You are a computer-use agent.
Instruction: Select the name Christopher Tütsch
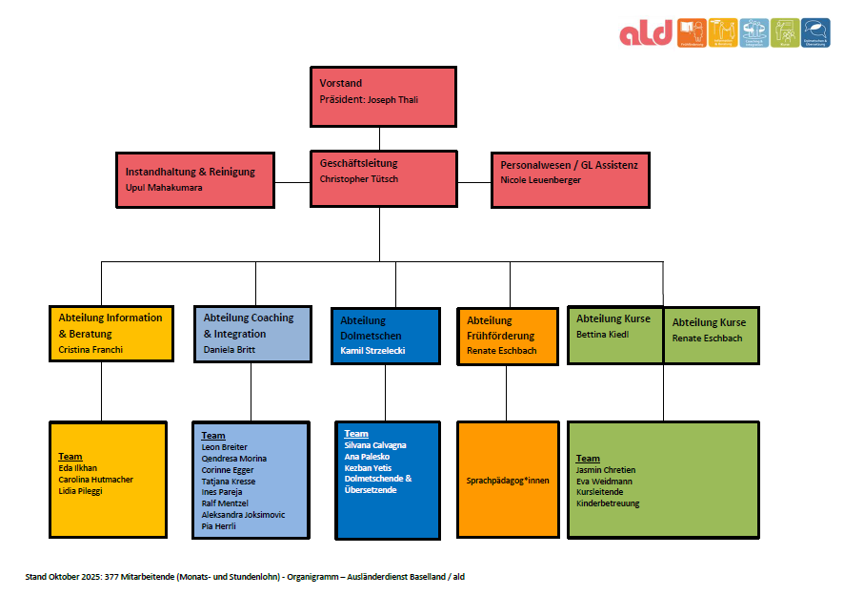(359, 179)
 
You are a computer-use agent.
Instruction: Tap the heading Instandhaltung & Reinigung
(191, 172)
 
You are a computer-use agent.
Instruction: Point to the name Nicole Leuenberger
(540, 180)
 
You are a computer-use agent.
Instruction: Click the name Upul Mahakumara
(164, 188)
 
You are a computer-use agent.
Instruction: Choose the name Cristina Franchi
(90, 350)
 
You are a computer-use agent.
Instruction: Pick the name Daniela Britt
(231, 350)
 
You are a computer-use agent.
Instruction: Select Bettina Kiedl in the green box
(601, 335)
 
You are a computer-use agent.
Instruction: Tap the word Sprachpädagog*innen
(509, 481)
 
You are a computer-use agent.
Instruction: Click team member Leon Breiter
(225, 447)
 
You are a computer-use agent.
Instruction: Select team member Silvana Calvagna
(375, 445)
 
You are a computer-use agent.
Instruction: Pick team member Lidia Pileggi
(80, 491)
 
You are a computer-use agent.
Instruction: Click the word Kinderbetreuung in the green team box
(608, 503)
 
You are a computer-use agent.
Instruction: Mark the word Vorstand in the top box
(341, 84)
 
